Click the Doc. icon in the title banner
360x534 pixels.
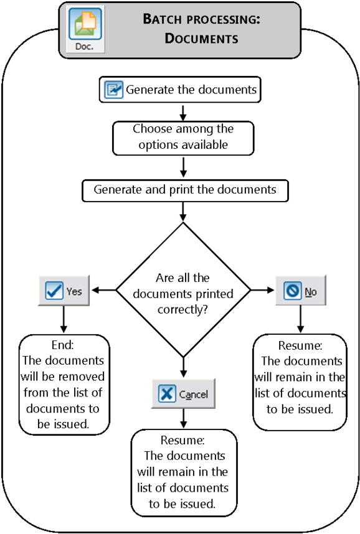click(85, 29)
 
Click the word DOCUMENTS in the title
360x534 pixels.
click(201, 39)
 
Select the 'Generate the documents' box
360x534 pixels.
click(180, 90)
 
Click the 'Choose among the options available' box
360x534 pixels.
click(182, 138)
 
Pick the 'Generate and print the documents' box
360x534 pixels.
click(185, 190)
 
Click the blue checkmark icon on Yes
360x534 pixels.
click(55, 291)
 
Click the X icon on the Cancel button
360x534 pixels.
click(167, 394)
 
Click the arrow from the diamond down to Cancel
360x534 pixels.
click(183, 367)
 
